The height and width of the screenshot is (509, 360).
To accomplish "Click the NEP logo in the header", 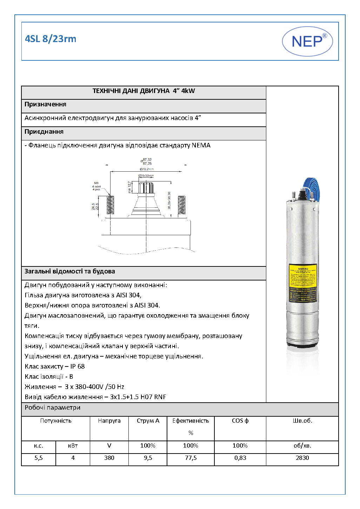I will (x=307, y=41).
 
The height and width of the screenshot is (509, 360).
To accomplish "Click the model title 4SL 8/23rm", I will (x=51, y=39).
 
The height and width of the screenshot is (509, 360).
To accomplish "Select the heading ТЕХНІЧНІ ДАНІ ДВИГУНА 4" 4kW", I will (x=144, y=91).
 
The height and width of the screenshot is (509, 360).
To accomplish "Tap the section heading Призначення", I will (x=45, y=104).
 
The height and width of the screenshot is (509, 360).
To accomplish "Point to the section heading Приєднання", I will (x=44, y=132).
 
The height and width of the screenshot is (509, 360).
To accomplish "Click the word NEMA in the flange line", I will (x=201, y=145).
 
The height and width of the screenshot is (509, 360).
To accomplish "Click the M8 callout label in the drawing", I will (x=96, y=183).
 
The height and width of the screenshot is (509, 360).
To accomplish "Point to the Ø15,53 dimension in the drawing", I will (x=146, y=175).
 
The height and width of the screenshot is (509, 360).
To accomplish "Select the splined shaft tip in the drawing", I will (x=146, y=187).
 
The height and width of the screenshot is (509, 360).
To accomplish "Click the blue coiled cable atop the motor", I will (x=312, y=190).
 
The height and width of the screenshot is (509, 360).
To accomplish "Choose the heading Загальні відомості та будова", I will (x=69, y=271).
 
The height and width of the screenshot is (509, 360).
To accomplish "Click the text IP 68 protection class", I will (x=78, y=366).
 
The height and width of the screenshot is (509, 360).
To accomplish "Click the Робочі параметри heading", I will (x=52, y=408).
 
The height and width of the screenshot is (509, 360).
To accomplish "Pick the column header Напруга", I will (x=109, y=421).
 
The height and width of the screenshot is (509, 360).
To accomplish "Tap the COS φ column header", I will (x=240, y=421).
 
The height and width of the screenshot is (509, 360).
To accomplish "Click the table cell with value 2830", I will (x=302, y=458).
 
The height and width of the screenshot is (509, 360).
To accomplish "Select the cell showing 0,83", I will (x=240, y=458).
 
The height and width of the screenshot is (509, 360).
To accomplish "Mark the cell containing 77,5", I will (x=191, y=458).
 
